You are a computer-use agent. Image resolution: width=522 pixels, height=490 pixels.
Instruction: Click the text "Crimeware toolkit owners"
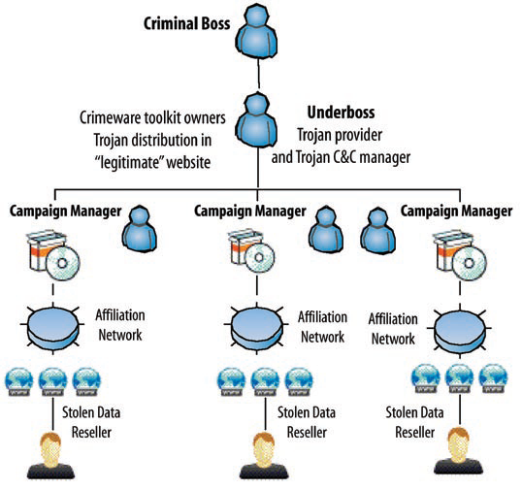152,118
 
